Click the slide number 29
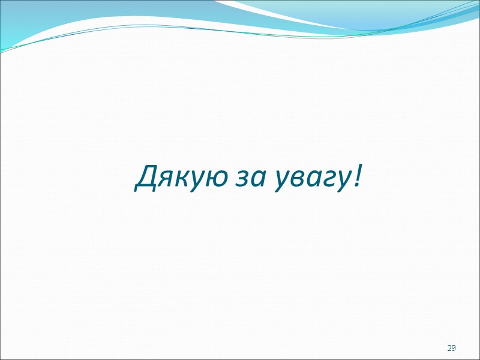coord(451,348)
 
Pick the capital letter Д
coord(146,176)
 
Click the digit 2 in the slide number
coord(449,348)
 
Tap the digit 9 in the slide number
coord(454,348)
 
